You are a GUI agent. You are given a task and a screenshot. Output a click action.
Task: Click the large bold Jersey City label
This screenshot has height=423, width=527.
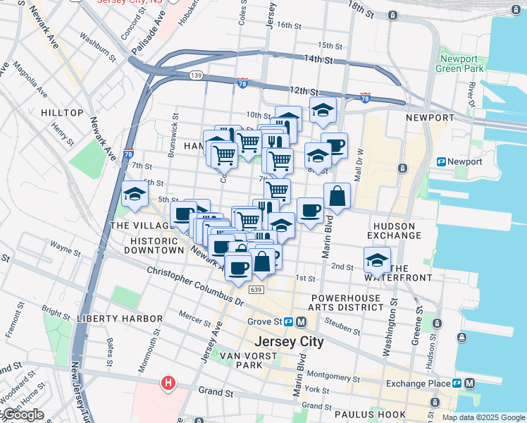click(288, 342)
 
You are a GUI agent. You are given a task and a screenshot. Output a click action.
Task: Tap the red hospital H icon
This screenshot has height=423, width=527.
click(168, 384)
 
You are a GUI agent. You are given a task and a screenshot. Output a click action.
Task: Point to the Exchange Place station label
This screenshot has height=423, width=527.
click(418, 384)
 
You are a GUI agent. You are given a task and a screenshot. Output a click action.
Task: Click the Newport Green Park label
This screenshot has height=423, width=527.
click(461, 64)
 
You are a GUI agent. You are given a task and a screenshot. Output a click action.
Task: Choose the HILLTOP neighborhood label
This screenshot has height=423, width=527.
click(62, 113)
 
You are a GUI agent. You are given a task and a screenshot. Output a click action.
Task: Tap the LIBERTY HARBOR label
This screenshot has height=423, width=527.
click(120, 319)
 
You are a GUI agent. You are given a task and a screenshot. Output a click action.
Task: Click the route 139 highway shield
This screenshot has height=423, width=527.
click(196, 75)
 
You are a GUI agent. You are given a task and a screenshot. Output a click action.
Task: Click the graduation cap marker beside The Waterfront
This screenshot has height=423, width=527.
click(377, 260)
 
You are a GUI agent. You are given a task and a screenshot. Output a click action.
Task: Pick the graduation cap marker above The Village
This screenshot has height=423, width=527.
click(134, 194)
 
